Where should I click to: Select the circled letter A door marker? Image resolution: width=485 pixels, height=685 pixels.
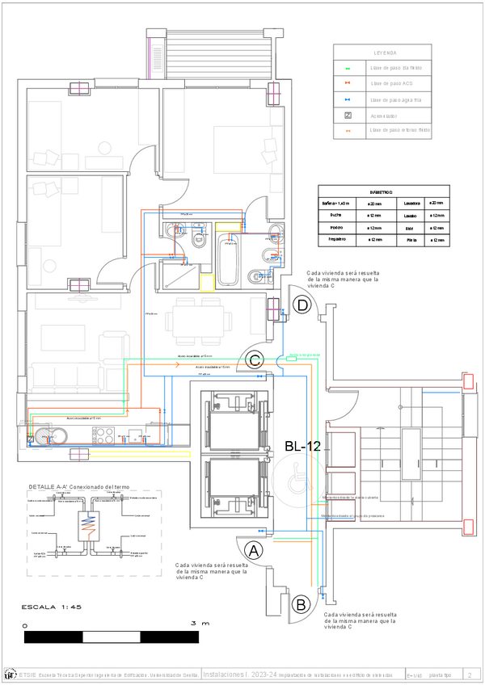(254, 551)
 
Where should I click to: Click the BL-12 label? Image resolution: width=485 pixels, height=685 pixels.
(304, 445)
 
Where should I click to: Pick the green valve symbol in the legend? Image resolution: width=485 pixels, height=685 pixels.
(348, 68)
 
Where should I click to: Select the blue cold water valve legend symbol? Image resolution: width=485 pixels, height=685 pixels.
(348, 100)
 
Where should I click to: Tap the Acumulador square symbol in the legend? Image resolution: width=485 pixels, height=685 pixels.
(348, 116)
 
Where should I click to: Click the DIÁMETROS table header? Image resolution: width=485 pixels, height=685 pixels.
(381, 192)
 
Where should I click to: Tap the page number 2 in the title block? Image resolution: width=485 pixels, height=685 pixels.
(470, 674)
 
